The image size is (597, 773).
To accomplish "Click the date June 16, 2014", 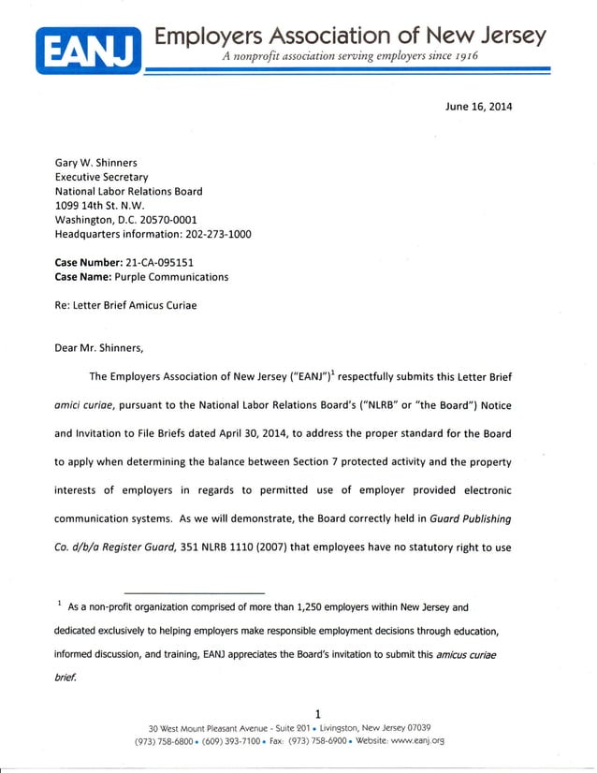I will pyautogui.click(x=478, y=106).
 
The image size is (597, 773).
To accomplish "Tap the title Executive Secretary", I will pyautogui.click(x=101, y=176).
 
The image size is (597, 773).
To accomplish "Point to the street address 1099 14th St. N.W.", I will pyautogui.click(x=100, y=205).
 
